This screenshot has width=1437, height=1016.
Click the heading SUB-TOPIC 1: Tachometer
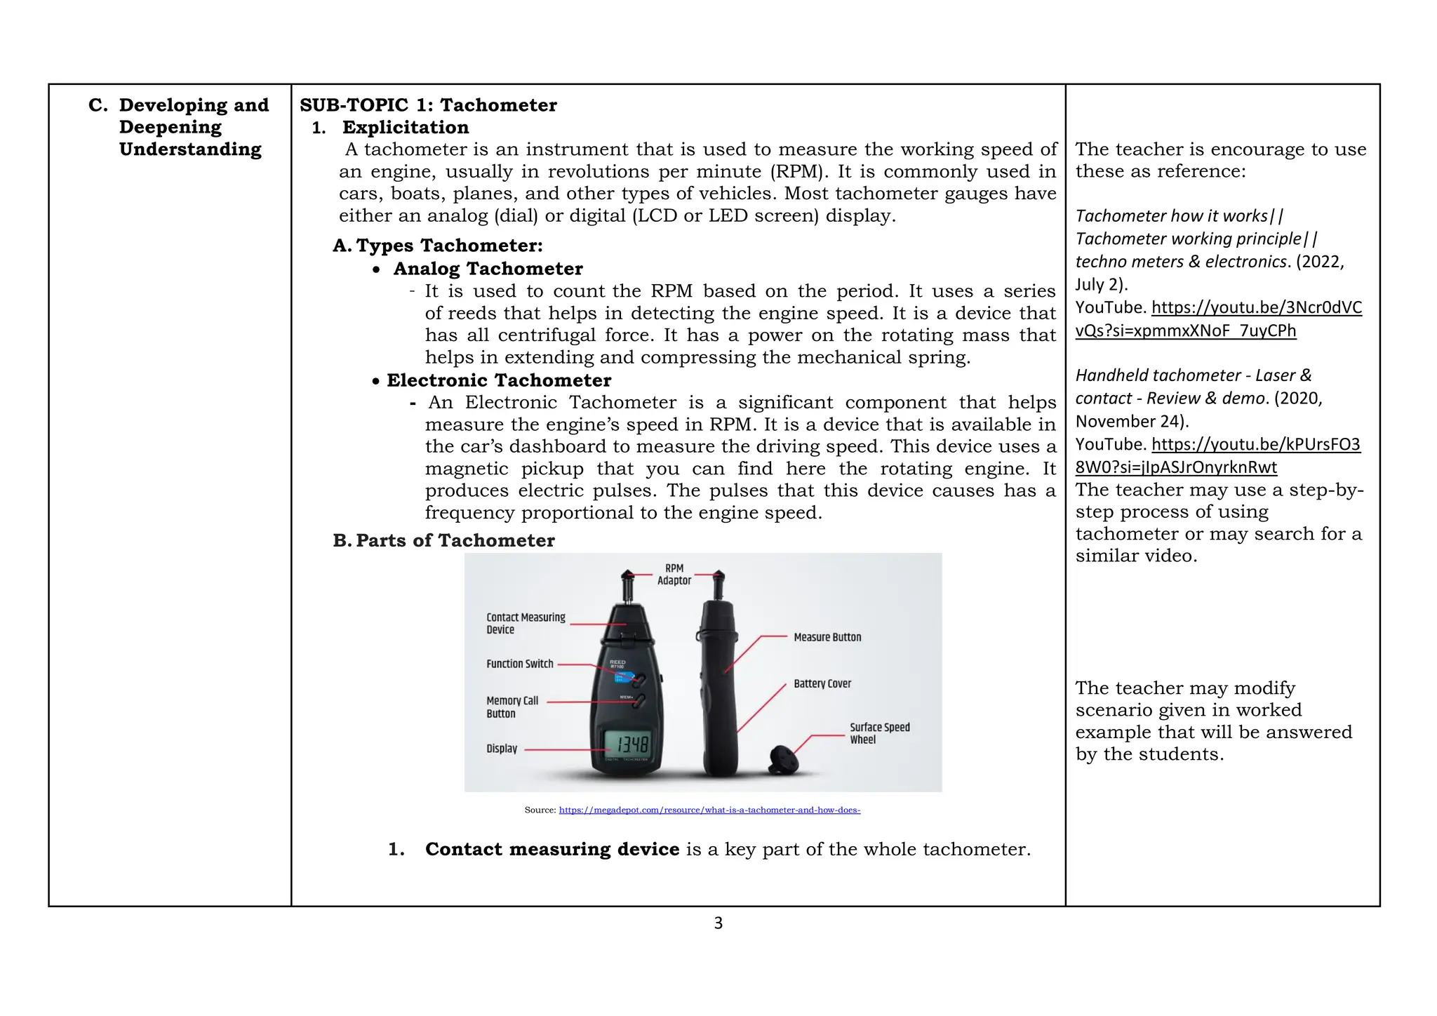pos(428,105)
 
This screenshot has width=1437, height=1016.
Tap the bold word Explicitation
pos(406,128)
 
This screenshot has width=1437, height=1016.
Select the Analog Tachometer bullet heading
pos(488,269)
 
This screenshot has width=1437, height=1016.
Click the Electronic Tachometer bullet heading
pos(498,380)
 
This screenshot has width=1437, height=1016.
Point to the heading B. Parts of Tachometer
pos(443,540)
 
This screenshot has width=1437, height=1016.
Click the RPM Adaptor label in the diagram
pos(674,574)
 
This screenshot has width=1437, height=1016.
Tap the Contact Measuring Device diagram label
pos(526,623)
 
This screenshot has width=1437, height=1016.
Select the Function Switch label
pos(520,664)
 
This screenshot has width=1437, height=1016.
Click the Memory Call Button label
pos(512,707)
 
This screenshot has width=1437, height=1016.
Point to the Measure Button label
pos(827,637)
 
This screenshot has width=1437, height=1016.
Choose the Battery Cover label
pos(822,683)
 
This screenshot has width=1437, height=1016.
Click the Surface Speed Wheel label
pos(879,733)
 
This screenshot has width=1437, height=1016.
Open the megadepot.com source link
pos(709,810)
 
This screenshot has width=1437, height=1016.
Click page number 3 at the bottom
pos(718,923)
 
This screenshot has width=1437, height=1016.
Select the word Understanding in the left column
pos(190,149)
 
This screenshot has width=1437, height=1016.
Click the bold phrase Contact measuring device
pos(552,849)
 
